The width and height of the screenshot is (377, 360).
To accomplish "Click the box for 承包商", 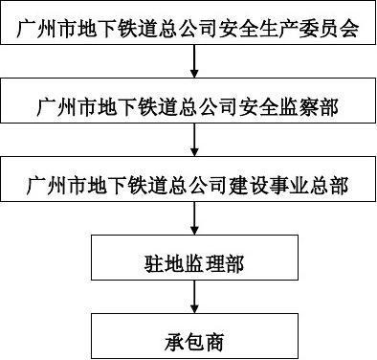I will pos(193,338).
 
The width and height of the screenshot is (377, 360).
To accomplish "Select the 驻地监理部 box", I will pos(193,261).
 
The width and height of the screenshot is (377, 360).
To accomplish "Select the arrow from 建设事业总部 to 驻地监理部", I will pos(194,222).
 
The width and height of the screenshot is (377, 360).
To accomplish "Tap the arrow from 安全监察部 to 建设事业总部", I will pos(194,144).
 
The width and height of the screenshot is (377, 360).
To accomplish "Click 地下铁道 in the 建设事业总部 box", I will pos(129,184).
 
